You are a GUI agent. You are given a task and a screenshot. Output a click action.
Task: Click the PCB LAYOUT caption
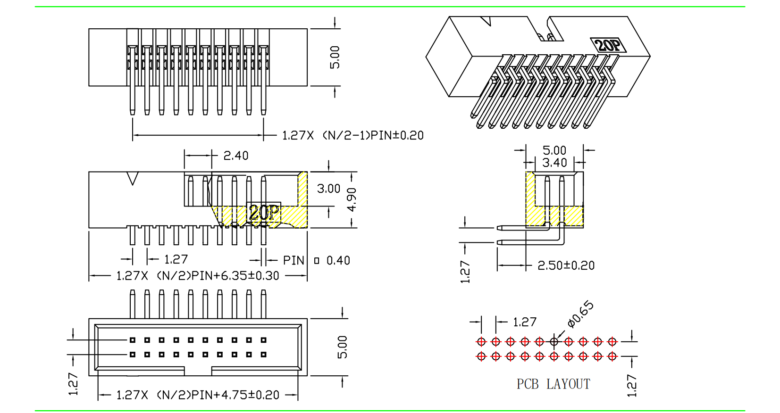(553, 384)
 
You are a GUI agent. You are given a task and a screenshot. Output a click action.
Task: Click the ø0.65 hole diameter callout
(580, 314)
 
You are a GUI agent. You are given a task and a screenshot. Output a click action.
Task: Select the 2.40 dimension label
(235, 156)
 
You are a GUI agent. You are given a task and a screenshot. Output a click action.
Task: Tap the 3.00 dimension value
(328, 189)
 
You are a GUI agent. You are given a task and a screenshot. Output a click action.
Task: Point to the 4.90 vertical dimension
(352, 199)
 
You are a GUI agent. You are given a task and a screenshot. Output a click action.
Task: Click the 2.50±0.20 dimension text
(566, 265)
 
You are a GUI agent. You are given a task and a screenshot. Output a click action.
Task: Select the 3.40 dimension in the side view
(554, 163)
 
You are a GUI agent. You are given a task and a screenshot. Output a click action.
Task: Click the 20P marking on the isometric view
(608, 45)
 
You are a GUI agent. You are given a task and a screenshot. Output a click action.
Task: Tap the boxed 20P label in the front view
(264, 212)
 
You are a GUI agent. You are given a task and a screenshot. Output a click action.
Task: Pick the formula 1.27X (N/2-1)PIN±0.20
(352, 136)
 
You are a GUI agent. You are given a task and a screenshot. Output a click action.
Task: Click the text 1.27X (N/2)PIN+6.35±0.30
(198, 276)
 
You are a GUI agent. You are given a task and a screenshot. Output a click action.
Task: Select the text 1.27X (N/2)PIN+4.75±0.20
(198, 395)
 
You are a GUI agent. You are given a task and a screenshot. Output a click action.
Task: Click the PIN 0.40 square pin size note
(317, 260)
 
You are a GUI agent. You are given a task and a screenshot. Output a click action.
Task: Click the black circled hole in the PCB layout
(554, 341)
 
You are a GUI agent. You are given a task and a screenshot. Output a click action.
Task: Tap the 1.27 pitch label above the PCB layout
(524, 322)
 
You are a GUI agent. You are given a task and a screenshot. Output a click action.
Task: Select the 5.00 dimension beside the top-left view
(335, 57)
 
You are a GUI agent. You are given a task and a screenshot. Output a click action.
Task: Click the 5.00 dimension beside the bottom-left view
(343, 347)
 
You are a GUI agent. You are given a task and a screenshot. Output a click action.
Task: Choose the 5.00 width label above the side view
(554, 150)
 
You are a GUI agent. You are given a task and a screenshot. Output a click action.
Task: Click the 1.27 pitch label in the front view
(176, 259)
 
